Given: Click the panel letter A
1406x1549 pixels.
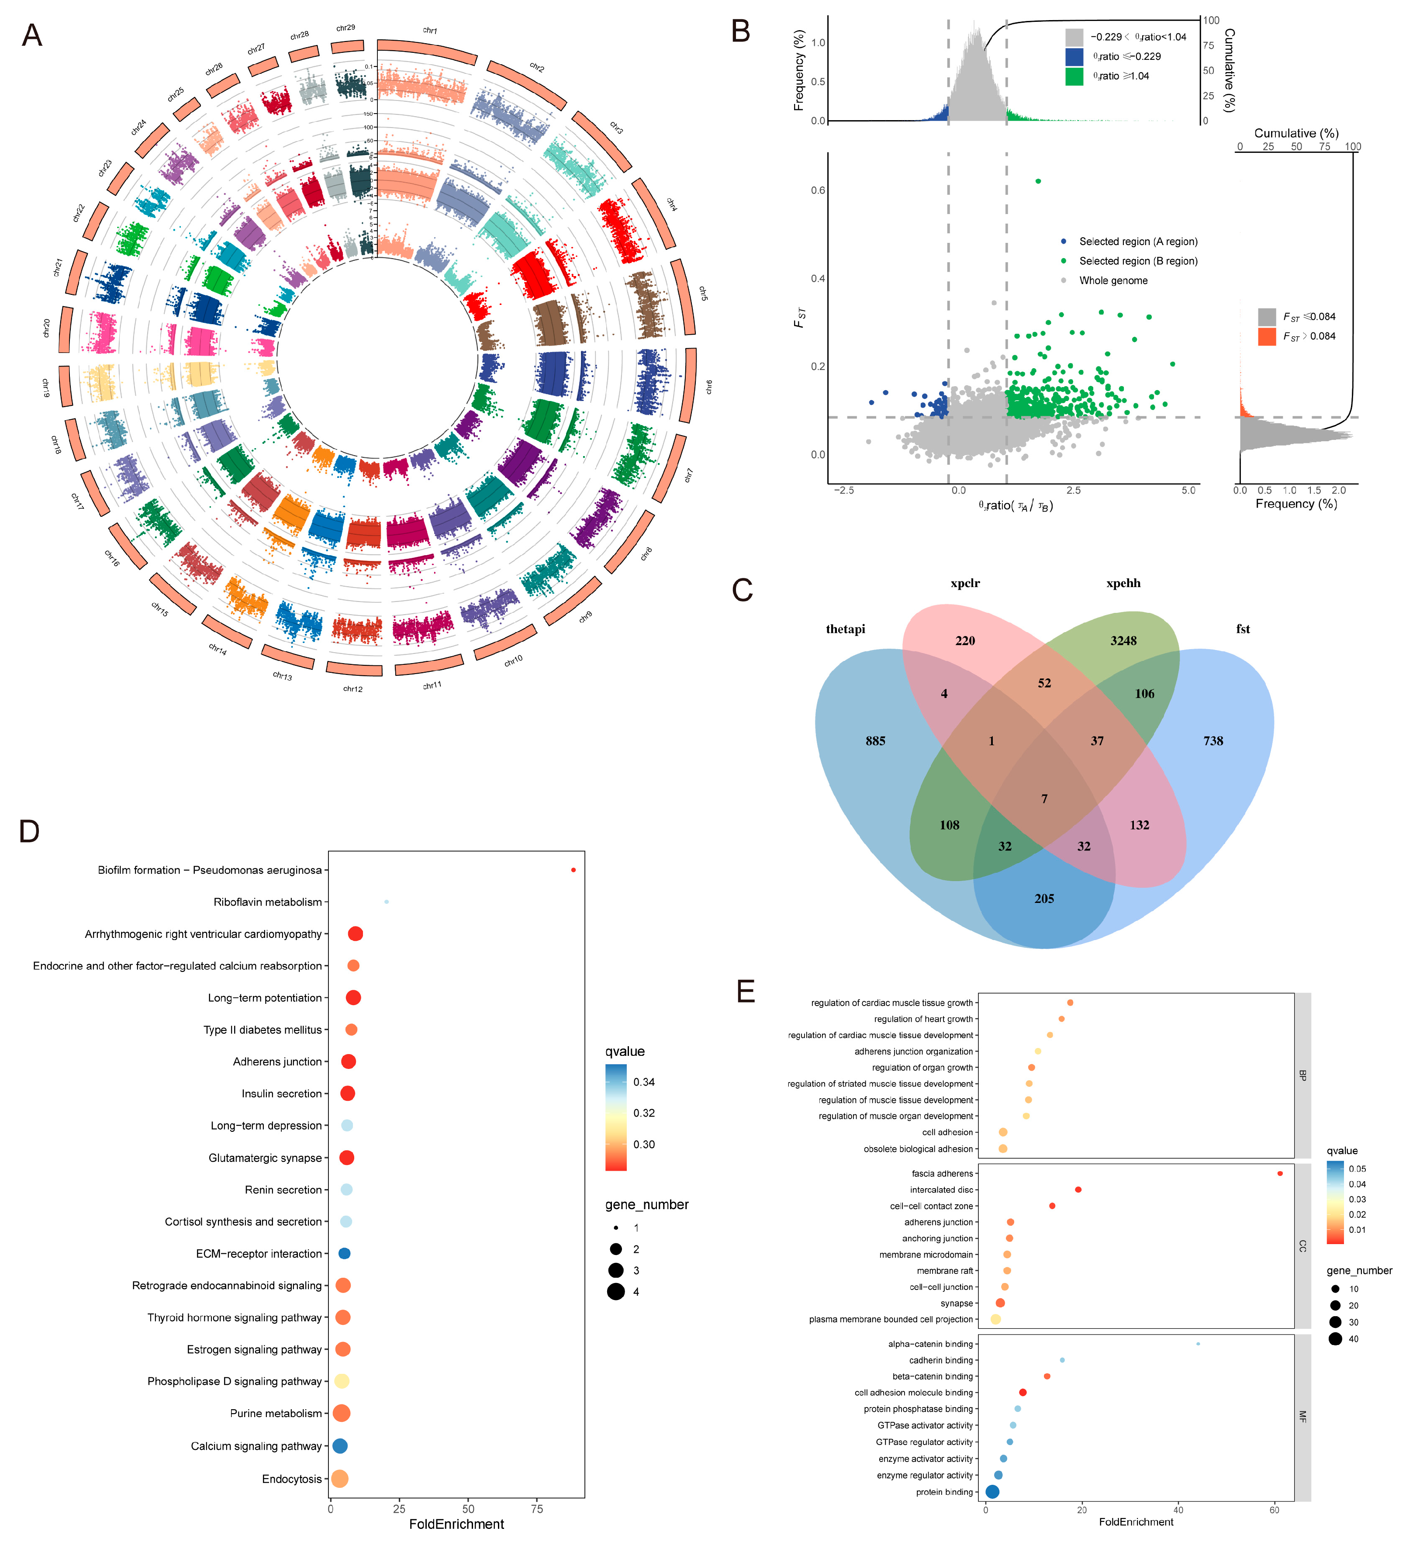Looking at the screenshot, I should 31,35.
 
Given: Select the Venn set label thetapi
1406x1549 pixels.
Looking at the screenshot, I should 845,629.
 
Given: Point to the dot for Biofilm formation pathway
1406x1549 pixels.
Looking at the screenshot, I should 573,870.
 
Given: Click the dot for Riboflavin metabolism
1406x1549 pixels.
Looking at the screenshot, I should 387,902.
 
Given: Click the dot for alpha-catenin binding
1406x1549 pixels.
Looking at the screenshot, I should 1198,1344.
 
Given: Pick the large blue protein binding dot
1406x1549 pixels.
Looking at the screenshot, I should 992,1491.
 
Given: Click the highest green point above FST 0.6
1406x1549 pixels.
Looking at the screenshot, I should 1038,181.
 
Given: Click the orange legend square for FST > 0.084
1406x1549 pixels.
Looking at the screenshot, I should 1266,336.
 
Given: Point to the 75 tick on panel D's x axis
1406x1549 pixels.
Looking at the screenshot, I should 537,1508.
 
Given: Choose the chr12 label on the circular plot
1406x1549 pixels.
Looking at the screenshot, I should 352,688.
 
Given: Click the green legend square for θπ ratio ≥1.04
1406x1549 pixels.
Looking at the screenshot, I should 1073,76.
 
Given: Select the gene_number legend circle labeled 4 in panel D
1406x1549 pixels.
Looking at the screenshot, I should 615,1292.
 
